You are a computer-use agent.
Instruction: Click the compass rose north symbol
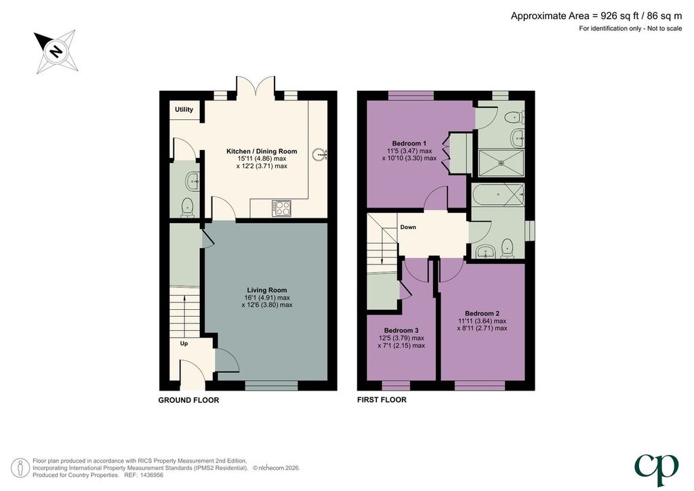pos(56,52)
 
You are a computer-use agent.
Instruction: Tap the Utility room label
pos(184,109)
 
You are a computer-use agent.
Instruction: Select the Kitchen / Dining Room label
pos(262,151)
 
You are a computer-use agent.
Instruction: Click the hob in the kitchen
pos(283,208)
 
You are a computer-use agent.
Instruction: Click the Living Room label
pos(267,290)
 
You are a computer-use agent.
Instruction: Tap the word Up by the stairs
pos(184,343)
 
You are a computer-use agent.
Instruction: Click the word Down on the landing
pos(408,227)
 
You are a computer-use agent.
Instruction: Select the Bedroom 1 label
pos(409,143)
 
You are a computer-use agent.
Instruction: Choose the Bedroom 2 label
pos(482,313)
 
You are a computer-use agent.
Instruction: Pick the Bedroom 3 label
pos(401,330)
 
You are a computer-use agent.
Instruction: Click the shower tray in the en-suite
pos(502,163)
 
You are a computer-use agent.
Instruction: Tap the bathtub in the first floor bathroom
pos(498,195)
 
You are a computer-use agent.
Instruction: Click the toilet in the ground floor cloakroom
pos(188,208)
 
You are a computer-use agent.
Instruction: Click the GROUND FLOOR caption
pos(188,400)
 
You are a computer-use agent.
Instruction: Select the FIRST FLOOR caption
pos(382,400)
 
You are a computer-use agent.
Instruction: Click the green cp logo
pos(657,470)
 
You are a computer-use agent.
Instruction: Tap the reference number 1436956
pos(151,475)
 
